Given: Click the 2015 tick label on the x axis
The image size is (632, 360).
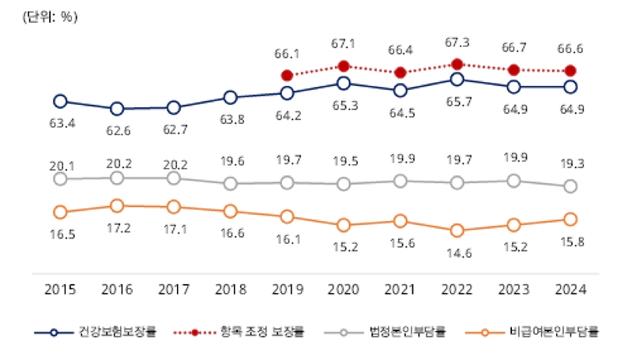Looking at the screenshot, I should click(60, 289).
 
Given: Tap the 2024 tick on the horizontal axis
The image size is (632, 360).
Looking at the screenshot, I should click(570, 289).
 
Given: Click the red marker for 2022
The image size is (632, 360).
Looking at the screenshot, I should click(457, 64).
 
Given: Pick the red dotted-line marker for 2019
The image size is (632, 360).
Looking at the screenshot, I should click(287, 75).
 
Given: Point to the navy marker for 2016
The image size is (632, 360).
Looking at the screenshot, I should click(117, 109).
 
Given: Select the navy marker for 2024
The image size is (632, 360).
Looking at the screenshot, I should click(570, 87).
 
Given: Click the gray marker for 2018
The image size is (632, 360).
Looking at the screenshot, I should click(230, 183).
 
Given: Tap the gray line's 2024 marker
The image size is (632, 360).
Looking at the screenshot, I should click(570, 186).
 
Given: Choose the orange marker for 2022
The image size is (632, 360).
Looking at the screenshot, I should click(457, 231).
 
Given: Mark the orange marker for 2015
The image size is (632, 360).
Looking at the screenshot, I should click(60, 212).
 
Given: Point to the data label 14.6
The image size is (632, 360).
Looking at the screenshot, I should click(457, 253).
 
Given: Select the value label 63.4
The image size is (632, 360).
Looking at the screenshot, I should click(60, 123).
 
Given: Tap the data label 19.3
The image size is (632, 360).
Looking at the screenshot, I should click(570, 165).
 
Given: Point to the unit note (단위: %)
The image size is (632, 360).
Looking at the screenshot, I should click(50, 17).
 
